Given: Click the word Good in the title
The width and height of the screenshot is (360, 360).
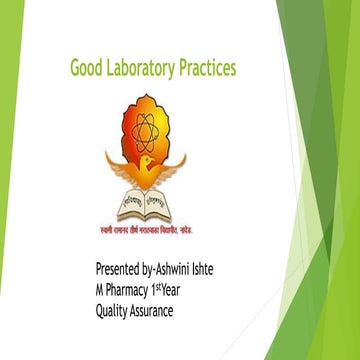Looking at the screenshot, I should point(88,69).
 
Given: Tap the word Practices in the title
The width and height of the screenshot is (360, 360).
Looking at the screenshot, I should point(208,69).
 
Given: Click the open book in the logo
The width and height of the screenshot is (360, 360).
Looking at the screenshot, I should point(147,204).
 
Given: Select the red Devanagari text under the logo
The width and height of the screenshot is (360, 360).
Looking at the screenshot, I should point(147,227).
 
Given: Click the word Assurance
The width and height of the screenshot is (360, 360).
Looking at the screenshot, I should point(169,311).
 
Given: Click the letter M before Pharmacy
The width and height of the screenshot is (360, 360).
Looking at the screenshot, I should point(100,291).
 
